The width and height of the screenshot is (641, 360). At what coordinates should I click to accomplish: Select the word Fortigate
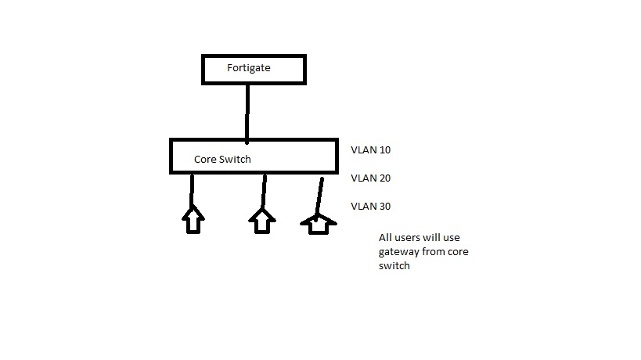pyautogui.click(x=249, y=68)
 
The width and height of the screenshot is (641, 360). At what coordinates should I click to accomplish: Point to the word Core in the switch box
pyautogui.click(x=204, y=160)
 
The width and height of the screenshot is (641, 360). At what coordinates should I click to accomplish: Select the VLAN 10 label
pyautogui.click(x=370, y=149)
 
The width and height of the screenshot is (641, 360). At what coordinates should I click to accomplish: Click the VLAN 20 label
pyautogui.click(x=370, y=178)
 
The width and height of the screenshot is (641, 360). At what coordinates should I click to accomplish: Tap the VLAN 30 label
pyautogui.click(x=370, y=207)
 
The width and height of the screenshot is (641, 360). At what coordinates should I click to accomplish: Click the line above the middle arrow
pyautogui.click(x=264, y=190)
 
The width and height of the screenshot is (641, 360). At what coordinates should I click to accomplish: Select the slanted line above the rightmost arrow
pyautogui.click(x=319, y=196)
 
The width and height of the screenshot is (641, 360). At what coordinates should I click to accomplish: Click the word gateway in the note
pyautogui.click(x=396, y=252)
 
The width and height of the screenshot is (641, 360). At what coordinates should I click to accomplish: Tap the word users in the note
pyautogui.click(x=409, y=238)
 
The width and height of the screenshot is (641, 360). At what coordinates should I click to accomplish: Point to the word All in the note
pyautogui.click(x=386, y=238)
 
